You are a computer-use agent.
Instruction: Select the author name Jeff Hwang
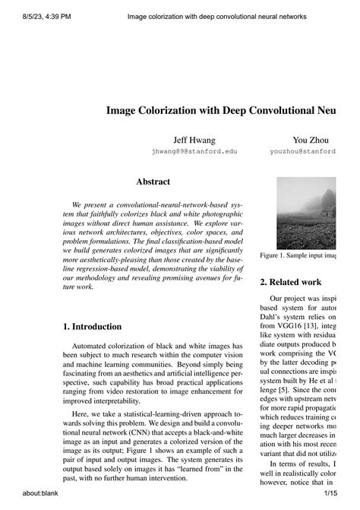[194, 141]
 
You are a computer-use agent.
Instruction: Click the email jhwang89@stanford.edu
[194, 151]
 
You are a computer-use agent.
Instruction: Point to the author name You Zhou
[310, 141]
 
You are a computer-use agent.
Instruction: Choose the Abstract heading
[153, 182]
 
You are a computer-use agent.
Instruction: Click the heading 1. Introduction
[92, 327]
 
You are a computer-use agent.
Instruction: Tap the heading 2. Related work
[291, 282]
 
